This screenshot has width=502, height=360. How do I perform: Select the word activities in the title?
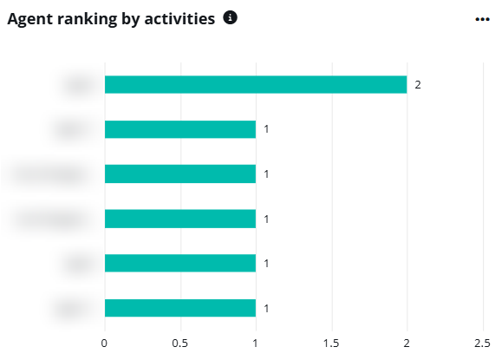coord(176,19)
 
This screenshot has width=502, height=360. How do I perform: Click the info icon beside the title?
coord(230,18)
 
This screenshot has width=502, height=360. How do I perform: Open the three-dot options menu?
coord(482,19)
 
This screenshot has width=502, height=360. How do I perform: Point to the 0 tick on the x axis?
coord(105,342)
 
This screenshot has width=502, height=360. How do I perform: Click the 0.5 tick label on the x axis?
coord(180,342)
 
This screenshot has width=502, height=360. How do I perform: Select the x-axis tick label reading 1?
coord(256,342)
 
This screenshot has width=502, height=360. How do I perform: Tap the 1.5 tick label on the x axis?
coord(331,342)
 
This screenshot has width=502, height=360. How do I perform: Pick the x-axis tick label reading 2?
coord(407,342)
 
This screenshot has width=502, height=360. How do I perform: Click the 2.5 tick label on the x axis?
coord(481,342)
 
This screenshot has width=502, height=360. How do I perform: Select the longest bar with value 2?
coord(256,84)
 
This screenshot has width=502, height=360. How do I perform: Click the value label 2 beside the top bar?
coord(418,84)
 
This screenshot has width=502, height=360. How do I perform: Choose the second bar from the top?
coord(180,129)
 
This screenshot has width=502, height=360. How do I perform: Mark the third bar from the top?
coord(180,173)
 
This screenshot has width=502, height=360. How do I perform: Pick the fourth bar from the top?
coord(180,219)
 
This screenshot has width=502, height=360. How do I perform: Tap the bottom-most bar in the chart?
coord(180,308)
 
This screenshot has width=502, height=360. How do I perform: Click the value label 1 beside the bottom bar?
coord(267,308)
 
